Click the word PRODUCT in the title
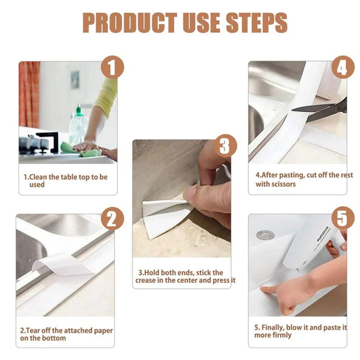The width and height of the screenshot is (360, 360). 130,23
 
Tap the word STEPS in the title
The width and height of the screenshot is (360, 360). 256,23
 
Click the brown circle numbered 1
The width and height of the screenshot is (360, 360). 112,67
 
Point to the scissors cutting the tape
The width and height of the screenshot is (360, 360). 321,110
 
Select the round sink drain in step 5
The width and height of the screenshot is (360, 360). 265,235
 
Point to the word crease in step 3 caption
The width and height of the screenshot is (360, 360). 145,280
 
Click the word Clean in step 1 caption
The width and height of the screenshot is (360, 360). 38,177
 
